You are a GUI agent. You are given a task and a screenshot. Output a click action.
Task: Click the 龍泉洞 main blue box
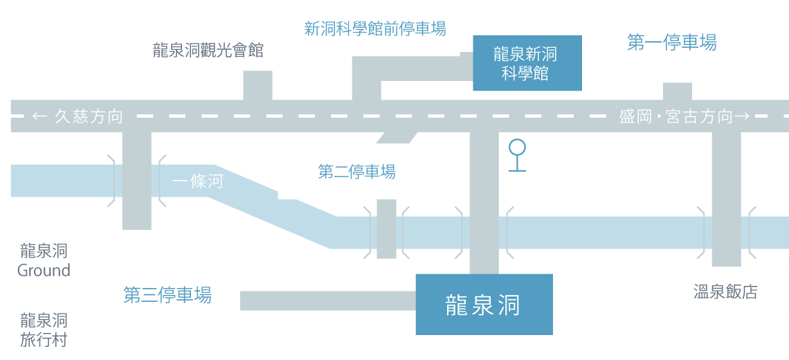click(483, 305)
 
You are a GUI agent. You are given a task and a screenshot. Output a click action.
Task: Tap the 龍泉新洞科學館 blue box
click(526, 64)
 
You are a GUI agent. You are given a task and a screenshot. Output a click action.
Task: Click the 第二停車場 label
click(357, 172)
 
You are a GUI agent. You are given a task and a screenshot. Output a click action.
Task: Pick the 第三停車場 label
click(167, 295)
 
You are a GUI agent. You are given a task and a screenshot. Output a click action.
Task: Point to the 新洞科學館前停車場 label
click(375, 29)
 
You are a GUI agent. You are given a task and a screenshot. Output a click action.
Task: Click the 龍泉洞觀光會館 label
click(208, 51)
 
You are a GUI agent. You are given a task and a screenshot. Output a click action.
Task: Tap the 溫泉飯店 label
click(725, 291)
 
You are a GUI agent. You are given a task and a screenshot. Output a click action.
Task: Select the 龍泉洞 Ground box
click(44, 260)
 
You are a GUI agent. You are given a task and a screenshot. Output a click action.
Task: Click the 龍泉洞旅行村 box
click(44, 330)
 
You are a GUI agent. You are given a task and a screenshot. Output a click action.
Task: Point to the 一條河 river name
click(198, 182)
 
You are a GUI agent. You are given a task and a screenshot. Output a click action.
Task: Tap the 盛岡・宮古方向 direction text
click(675, 116)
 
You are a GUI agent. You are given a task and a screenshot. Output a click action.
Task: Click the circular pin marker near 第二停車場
click(517, 147)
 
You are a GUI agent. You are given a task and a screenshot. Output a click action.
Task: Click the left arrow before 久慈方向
click(40, 116)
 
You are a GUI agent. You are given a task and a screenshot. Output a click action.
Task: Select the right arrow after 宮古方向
click(742, 116)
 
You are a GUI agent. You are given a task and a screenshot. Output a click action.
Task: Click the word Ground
click(44, 270)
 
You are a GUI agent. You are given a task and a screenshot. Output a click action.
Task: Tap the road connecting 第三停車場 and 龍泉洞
click(327, 301)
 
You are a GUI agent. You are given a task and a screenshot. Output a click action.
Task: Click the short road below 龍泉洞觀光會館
click(257, 85)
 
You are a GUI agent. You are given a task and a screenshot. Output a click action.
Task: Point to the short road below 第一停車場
click(678, 91)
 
